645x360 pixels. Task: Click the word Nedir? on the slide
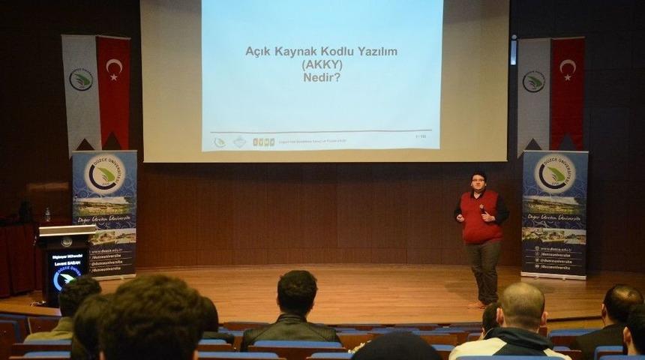[322, 76]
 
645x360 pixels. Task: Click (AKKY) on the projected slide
[322, 64]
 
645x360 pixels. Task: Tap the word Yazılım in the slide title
[372, 51]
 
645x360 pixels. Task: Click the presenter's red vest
[480, 217]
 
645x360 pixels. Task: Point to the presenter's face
[478, 182]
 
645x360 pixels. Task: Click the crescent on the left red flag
[113, 69]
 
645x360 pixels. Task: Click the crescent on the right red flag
[567, 69]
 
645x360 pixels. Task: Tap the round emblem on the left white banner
[81, 79]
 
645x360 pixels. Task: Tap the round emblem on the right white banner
[533, 81]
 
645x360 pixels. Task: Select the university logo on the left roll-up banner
[104, 175]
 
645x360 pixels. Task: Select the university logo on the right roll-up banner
[555, 174]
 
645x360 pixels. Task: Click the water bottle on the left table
[47, 215]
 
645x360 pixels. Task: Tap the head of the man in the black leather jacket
[297, 293]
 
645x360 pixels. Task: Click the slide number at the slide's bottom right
[421, 136]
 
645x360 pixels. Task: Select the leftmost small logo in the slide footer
[219, 142]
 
